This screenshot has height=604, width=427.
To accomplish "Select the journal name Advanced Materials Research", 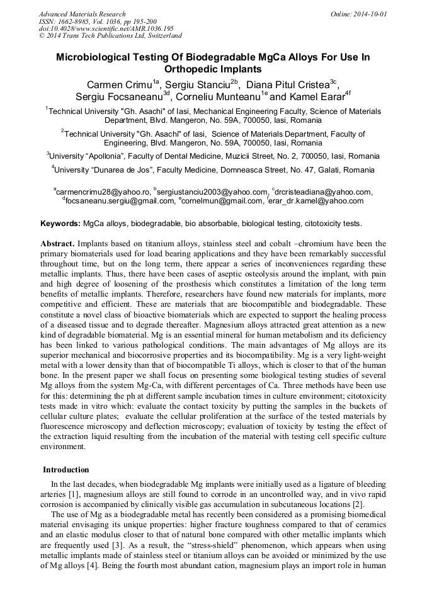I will pos(83,14).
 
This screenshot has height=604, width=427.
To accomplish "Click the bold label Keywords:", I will pos(60,224).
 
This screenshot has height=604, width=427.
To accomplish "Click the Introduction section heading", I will pos(65,470).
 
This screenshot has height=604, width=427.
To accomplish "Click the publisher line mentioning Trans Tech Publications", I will pos(110,36).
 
